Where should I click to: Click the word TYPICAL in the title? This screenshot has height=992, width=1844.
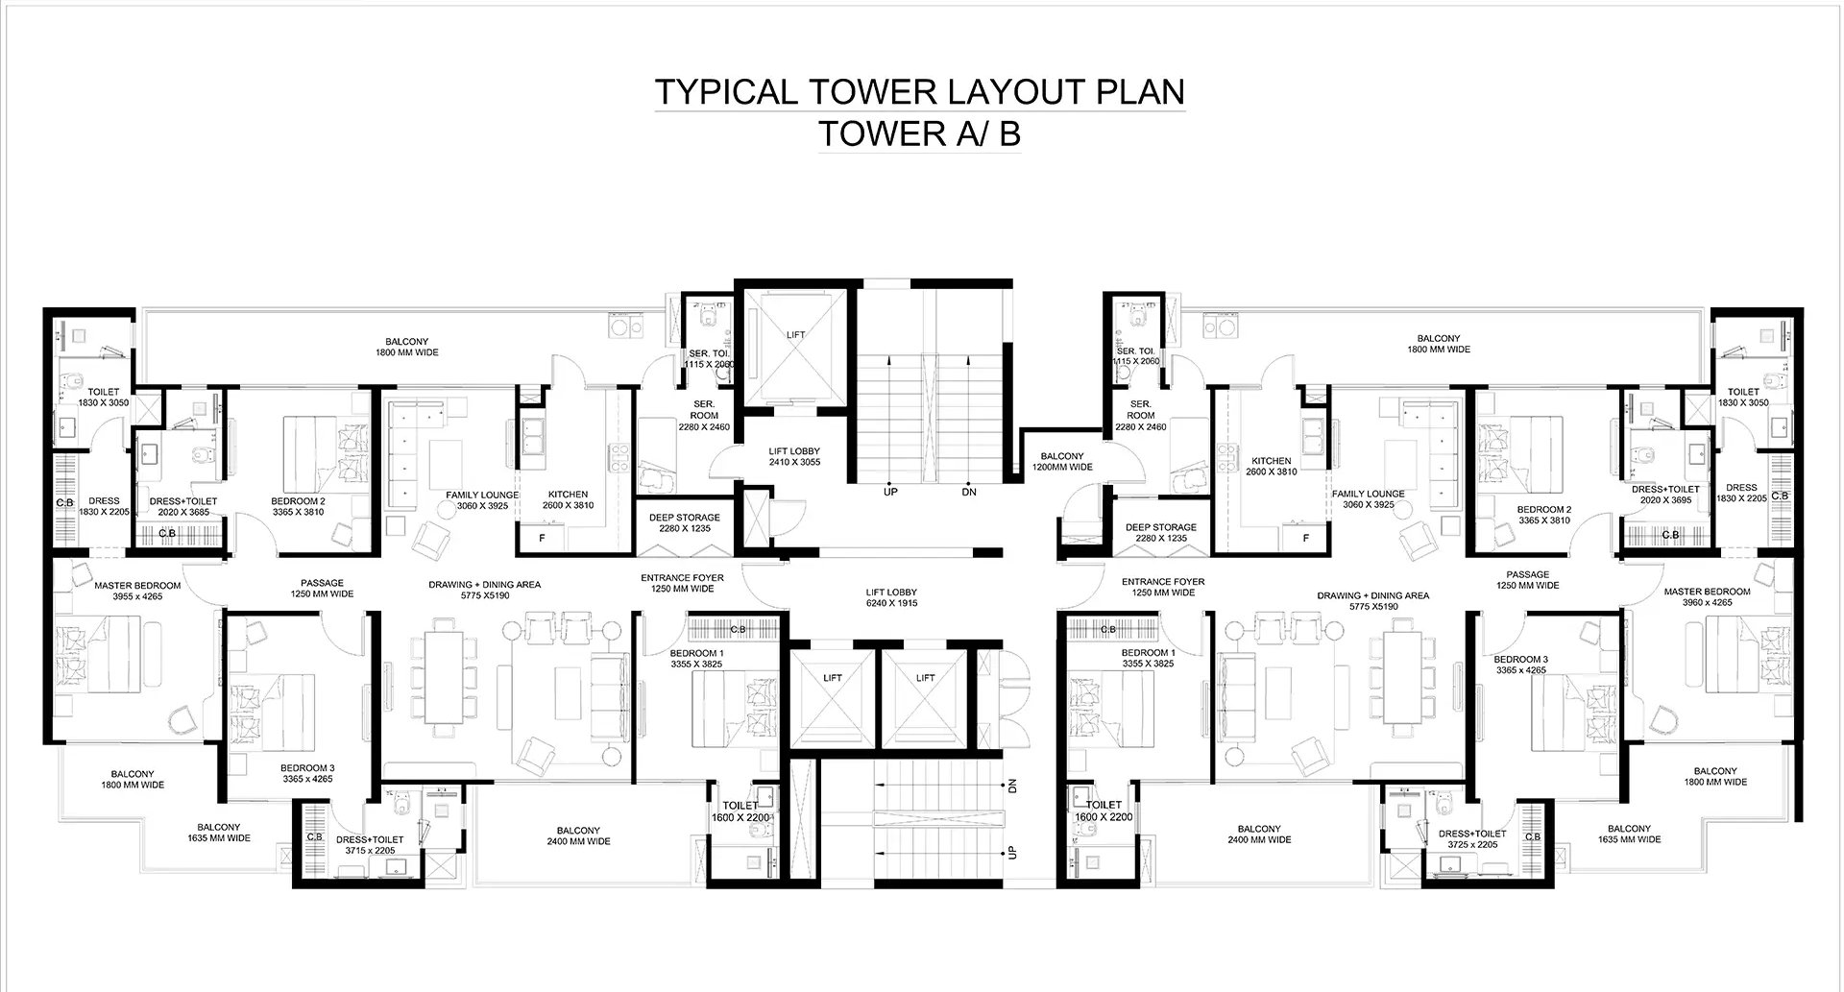click(727, 91)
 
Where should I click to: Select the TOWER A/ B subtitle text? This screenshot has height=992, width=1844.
click(919, 134)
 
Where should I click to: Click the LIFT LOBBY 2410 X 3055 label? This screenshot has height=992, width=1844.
click(794, 457)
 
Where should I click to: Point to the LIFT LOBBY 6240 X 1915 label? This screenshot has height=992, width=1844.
click(890, 598)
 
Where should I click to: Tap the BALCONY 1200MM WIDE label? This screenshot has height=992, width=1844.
click(1062, 462)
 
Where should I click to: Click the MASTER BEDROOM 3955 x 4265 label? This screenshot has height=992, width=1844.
click(137, 592)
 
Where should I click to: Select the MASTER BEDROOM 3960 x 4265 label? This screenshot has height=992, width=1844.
click(1707, 597)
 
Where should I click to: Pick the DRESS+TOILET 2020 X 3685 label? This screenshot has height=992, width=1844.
click(184, 507)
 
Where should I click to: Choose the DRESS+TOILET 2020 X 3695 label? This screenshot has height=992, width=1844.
click(1665, 495)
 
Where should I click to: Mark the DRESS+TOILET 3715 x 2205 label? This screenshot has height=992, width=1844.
click(370, 845)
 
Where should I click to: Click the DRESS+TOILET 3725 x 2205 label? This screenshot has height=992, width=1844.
click(1471, 839)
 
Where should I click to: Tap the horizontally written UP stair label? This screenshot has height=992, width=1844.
click(889, 492)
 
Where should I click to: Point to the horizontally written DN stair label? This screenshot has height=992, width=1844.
click(969, 492)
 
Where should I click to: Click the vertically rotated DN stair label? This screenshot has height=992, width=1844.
click(1012, 786)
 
